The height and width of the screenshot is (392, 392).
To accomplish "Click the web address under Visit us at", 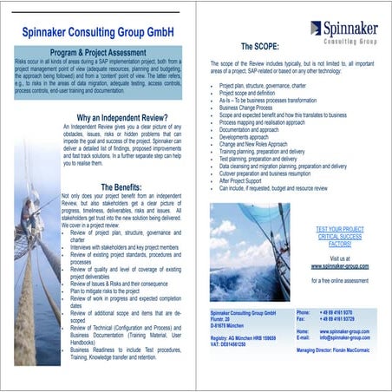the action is point(339,267).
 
